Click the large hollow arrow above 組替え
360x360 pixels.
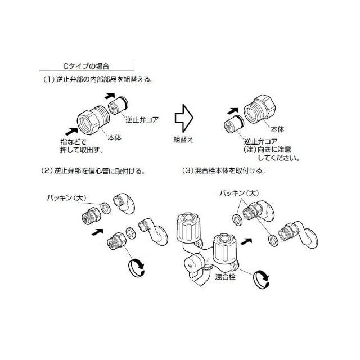[x=184, y=116]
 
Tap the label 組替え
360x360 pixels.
[x=184, y=138]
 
